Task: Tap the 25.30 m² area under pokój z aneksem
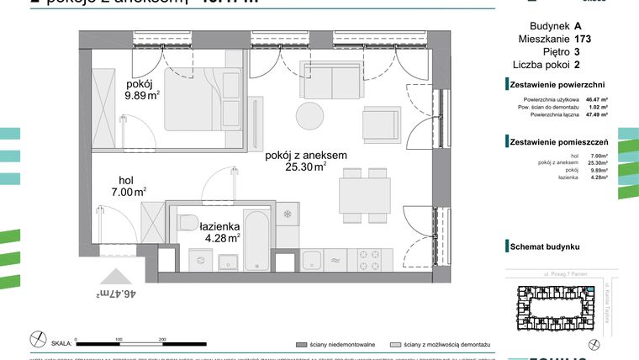(x=305, y=167)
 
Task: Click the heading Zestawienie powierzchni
(x=557, y=84)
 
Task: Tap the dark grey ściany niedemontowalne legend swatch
(x=300, y=345)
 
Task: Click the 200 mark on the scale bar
(x=162, y=339)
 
